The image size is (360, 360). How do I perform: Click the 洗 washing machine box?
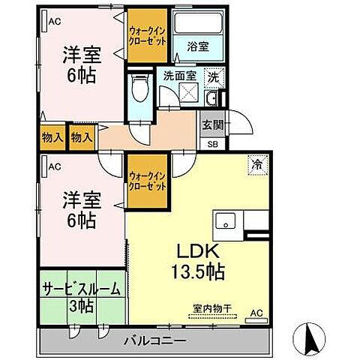(213, 76)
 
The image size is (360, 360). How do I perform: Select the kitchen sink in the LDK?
(225, 222)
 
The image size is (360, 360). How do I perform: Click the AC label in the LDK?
(255, 313)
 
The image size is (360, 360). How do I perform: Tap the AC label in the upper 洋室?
(55, 22)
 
